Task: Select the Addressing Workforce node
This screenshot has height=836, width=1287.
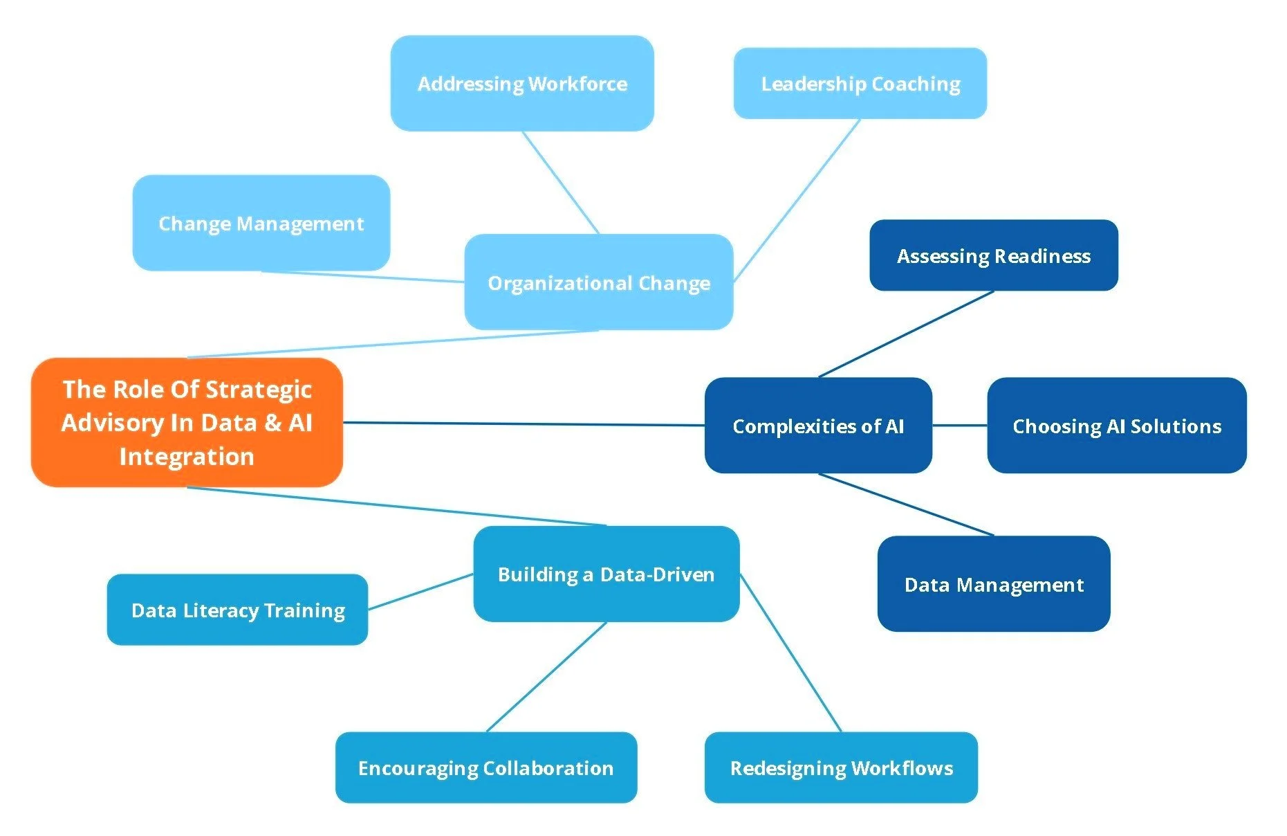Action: [x=522, y=84]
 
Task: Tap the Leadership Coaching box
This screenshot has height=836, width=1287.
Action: [x=860, y=84]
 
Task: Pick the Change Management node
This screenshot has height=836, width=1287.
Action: [x=261, y=223]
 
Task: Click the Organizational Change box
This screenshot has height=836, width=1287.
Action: [x=598, y=282]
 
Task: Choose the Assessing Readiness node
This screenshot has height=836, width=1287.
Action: [x=993, y=255]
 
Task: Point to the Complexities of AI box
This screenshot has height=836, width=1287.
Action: [x=818, y=426]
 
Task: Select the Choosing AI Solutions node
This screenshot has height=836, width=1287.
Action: [x=1116, y=426]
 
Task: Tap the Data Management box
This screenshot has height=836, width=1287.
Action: [x=993, y=584]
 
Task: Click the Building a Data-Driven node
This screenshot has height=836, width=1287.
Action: [x=606, y=574]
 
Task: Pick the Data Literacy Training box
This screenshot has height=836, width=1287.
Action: [x=237, y=610]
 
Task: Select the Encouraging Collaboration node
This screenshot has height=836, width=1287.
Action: [x=485, y=767]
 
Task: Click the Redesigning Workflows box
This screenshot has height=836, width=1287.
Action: [x=841, y=767]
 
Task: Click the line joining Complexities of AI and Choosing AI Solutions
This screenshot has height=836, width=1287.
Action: [x=959, y=426]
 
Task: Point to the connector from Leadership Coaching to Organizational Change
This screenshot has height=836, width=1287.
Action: [x=797, y=200]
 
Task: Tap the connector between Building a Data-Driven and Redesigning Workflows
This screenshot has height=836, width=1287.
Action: [x=791, y=653]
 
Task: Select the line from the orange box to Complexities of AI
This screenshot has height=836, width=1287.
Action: [x=524, y=424]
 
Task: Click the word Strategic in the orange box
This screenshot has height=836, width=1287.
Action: [x=259, y=390]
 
